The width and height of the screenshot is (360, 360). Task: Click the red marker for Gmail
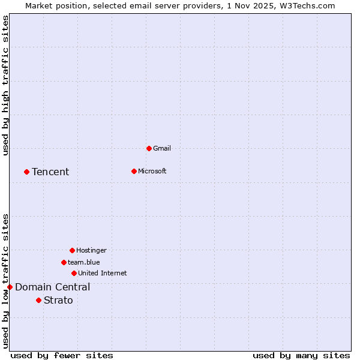[x=149, y=148]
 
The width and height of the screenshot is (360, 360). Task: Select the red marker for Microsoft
[x=134, y=171]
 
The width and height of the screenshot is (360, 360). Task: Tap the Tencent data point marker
[x=26, y=172]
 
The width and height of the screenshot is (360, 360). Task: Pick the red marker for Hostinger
[x=72, y=250]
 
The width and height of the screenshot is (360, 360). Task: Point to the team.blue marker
[x=64, y=262]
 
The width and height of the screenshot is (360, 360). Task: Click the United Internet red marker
[x=74, y=273]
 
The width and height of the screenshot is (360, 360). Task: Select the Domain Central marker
[x=10, y=287]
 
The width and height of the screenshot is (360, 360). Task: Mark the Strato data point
[x=38, y=300]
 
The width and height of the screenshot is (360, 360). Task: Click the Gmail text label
[x=162, y=148]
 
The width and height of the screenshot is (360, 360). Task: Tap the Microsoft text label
[x=152, y=171]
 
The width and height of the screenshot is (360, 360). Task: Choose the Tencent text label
[x=50, y=172]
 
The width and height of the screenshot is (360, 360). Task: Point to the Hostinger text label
[x=91, y=250]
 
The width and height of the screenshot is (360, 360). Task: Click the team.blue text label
[x=84, y=262]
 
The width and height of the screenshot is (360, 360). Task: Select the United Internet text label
[x=103, y=273]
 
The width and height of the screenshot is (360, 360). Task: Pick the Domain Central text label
[x=53, y=287]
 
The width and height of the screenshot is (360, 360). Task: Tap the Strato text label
[x=58, y=301]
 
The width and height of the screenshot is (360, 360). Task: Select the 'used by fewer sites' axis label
[x=62, y=355]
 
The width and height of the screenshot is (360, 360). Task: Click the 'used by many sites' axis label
[x=301, y=355]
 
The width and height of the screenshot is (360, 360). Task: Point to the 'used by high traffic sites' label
[x=6, y=85]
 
